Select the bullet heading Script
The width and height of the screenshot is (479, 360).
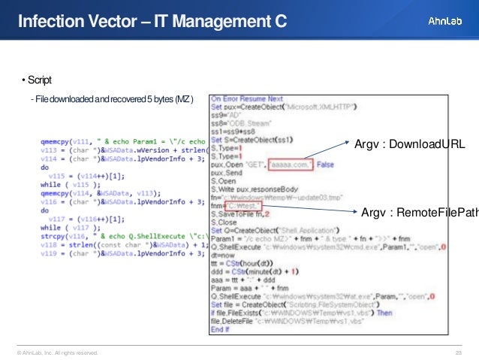coord(36,80)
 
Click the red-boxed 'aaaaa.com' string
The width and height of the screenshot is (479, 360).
coord(289,164)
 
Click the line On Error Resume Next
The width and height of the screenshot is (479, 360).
coord(247,98)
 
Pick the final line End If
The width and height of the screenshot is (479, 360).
coord(220,329)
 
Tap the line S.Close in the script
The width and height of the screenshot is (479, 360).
coord(224,222)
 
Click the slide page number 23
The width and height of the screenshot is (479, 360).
coord(457,352)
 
